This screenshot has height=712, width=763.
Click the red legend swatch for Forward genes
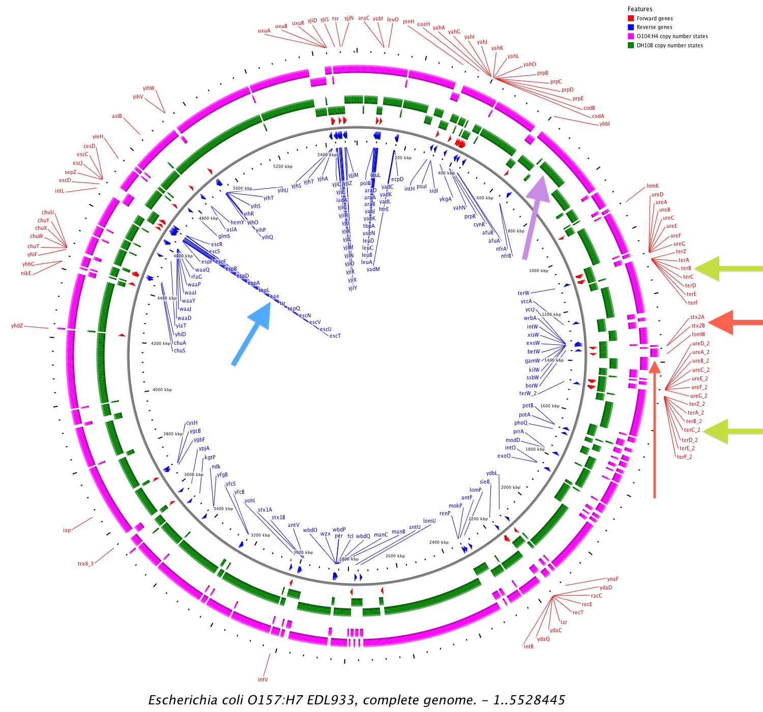tap(631, 18)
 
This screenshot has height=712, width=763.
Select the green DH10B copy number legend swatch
tap(631, 45)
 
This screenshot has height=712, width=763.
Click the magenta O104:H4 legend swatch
tap(631, 36)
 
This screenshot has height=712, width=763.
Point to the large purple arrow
tap(534, 214)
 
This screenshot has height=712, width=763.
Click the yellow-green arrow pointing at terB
tap(727, 269)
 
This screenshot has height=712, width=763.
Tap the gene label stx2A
tap(697, 317)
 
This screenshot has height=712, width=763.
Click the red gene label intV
tap(262, 679)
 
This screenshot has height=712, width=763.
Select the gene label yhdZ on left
tap(17, 325)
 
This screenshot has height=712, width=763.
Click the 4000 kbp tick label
tap(162, 390)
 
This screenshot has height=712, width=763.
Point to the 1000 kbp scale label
tap(539, 271)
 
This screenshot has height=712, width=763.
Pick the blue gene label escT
tap(335, 336)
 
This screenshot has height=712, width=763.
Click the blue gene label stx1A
tap(265, 510)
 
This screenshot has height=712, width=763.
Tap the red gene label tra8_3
tap(85, 563)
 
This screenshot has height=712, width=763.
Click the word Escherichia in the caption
tap(183, 700)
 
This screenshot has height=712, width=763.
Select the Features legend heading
tap(640, 9)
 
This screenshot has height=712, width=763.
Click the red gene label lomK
tap(653, 186)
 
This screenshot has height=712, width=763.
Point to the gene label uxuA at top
tap(264, 31)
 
